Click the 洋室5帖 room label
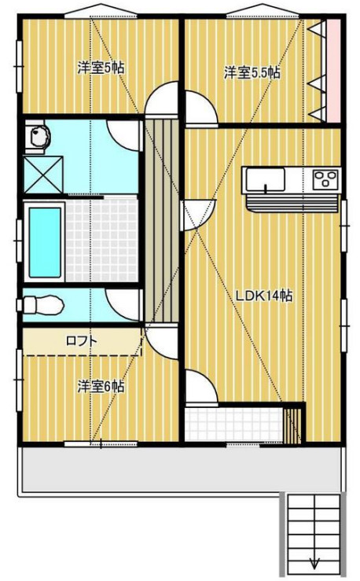(x=100, y=68)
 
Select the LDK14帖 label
(x=265, y=296)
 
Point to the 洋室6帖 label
(x=100, y=387)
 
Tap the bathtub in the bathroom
(x=45, y=241)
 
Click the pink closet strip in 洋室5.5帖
(x=333, y=71)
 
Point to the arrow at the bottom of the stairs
(x=314, y=561)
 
